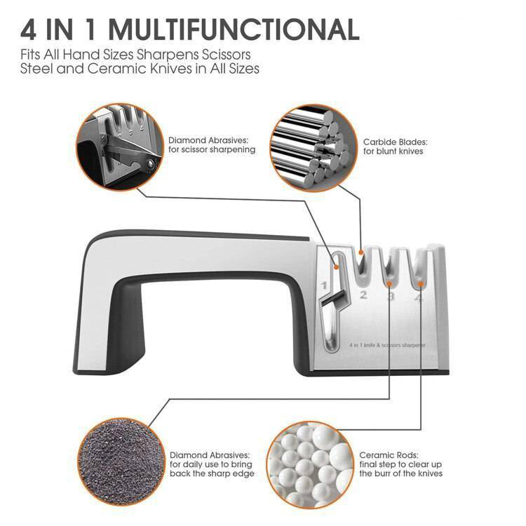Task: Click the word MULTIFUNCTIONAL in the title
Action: [x=234, y=30]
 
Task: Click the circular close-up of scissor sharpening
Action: [x=120, y=147]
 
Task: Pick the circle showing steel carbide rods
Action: [x=313, y=148]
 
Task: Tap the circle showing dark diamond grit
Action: [x=121, y=462]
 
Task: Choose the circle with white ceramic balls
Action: [x=311, y=465]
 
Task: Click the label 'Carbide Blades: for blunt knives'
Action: [x=395, y=147]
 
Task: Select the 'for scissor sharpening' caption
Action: [x=212, y=149]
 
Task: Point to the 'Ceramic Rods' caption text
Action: [x=389, y=455]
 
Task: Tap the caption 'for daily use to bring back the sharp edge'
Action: [x=212, y=469]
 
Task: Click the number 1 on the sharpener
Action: [x=324, y=285]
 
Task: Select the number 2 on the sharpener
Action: [x=363, y=295]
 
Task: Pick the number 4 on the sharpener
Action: [x=418, y=297]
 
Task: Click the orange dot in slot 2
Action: [x=361, y=252]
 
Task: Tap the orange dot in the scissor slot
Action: [x=336, y=267]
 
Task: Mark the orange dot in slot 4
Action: [x=421, y=284]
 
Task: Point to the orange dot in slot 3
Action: [x=389, y=284]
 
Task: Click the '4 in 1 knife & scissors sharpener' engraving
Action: [x=387, y=345]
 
